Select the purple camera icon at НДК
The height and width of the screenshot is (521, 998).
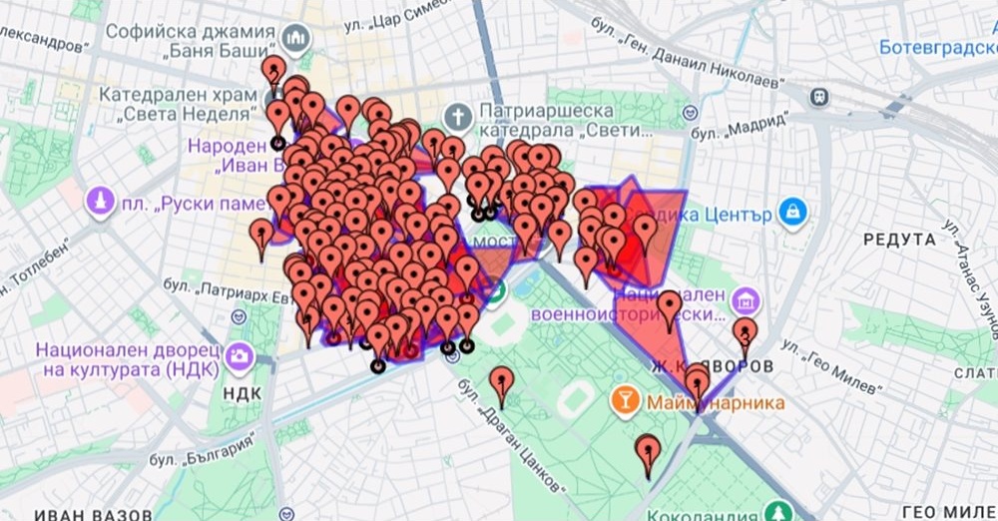point(239,355)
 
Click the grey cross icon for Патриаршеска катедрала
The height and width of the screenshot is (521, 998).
point(458,117)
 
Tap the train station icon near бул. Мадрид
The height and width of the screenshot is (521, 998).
point(819,97)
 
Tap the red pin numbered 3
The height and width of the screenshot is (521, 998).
point(745,333)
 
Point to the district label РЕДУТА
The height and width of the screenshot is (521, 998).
point(899,240)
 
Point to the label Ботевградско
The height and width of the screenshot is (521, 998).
point(937,47)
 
